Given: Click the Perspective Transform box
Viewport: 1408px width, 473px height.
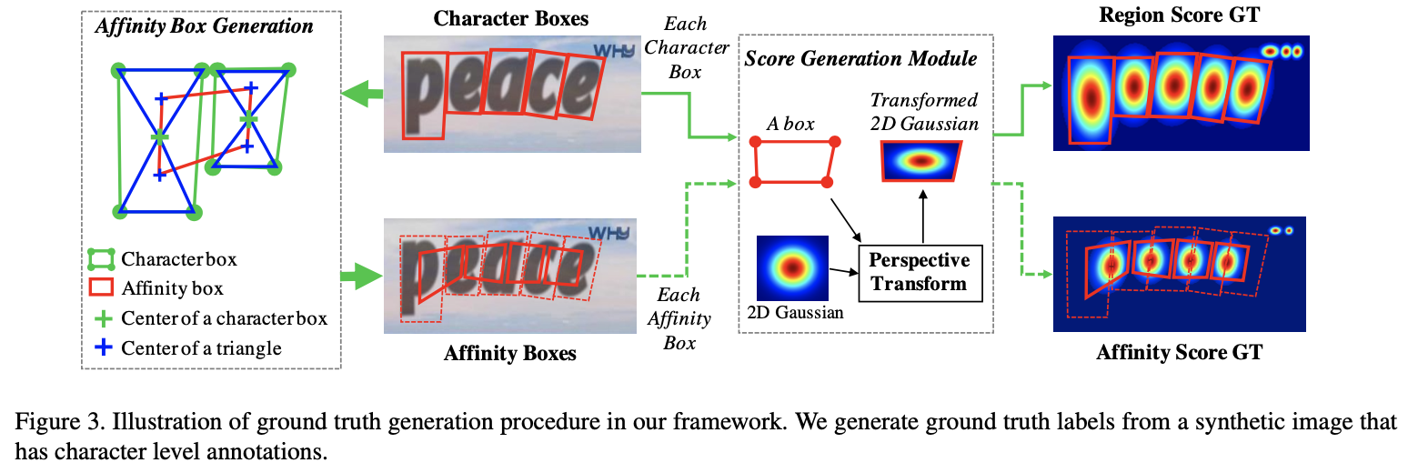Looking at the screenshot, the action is [920, 273].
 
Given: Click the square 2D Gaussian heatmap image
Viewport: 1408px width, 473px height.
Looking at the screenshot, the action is [792, 268].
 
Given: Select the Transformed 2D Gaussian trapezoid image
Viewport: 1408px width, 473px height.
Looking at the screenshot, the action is [921, 162].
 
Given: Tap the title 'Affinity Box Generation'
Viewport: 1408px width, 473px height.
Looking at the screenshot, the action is [205, 26].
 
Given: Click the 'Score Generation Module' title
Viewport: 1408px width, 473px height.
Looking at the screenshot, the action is [860, 58].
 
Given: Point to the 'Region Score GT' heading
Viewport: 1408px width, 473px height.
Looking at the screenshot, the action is [1179, 15].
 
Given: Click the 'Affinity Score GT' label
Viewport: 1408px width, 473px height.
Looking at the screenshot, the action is [1179, 352].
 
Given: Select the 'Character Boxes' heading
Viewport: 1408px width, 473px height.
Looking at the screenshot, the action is [511, 18].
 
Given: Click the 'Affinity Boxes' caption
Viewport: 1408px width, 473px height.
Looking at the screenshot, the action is [509, 353].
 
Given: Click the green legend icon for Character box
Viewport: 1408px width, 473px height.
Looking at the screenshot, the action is [101, 258].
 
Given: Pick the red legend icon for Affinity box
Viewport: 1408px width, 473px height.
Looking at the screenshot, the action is [101, 287].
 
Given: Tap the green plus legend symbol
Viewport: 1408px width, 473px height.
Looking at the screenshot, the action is [103, 318].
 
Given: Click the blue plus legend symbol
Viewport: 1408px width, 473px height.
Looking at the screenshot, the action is [103, 347].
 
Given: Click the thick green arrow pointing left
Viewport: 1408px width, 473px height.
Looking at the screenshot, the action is [362, 95].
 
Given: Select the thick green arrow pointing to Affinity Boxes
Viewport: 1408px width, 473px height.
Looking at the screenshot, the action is [362, 276].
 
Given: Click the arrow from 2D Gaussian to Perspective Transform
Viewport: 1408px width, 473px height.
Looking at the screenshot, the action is [843, 271].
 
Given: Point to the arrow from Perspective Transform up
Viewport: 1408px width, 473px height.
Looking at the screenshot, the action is [922, 216].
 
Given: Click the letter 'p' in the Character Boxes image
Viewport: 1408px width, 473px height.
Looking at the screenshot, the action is [424, 96].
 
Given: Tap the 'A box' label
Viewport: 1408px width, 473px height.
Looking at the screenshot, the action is [790, 124].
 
